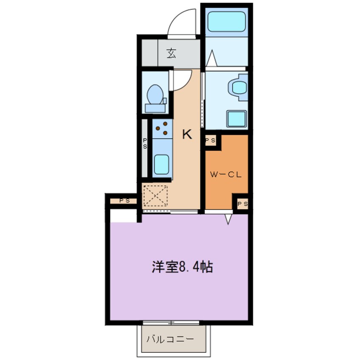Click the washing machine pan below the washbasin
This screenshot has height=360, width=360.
[x=236, y=118]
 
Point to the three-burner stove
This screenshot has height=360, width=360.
[x=162, y=129]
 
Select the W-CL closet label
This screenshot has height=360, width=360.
[x=227, y=174]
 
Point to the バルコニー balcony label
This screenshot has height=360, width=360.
[x=170, y=339]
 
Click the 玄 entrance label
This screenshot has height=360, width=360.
[x=171, y=54]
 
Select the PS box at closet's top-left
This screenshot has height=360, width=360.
[x=210, y=140]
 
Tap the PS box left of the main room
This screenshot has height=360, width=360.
[x=123, y=200]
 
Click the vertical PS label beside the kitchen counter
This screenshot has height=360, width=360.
[x=145, y=143]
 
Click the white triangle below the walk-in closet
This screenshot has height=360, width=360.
[x=229, y=219]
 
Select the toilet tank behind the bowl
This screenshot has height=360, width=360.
[x=155, y=108]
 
